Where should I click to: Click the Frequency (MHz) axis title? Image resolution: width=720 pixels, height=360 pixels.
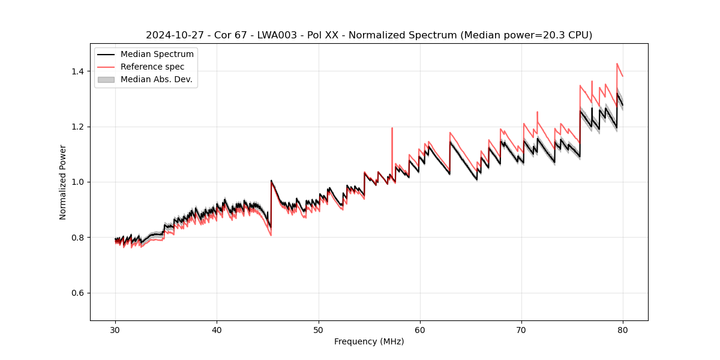369,341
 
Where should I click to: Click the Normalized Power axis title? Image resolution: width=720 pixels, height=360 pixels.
63,182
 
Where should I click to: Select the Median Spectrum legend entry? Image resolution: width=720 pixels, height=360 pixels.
157,55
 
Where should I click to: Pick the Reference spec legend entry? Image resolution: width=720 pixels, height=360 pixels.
152,67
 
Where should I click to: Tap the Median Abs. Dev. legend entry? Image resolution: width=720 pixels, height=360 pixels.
157,79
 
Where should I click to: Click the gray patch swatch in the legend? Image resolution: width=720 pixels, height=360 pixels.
106,79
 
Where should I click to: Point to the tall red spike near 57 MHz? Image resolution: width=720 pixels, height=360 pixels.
392,128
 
